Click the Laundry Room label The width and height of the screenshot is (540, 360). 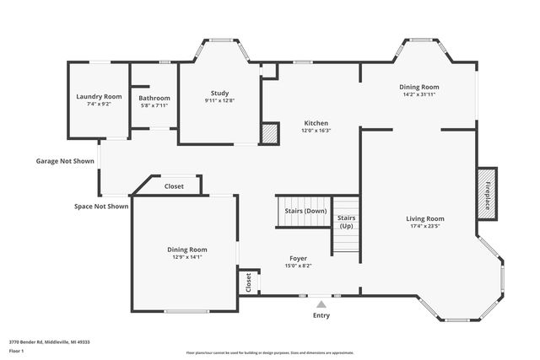click(x=99, y=97)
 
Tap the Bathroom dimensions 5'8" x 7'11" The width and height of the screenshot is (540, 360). click(x=154, y=106)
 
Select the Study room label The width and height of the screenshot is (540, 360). click(x=219, y=93)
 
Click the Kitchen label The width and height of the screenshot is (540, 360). click(x=316, y=123)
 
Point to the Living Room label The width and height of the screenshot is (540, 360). click(x=426, y=218)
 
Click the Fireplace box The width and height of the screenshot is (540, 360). click(x=487, y=193)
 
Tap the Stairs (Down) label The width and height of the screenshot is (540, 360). click(x=305, y=211)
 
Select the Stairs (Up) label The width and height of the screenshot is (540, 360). click(x=346, y=222)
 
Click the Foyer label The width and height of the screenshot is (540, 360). click(x=298, y=258)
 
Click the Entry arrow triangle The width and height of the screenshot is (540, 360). click(x=321, y=304)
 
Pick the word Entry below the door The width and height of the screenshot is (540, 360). click(x=321, y=316)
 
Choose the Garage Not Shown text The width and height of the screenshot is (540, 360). click(x=65, y=161)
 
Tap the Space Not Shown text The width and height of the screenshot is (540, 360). click(x=100, y=206)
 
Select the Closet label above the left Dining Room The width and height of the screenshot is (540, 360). click(x=174, y=186)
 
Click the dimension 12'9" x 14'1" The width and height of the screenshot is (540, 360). click(x=186, y=257)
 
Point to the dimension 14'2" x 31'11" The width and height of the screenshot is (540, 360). click(x=418, y=94)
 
